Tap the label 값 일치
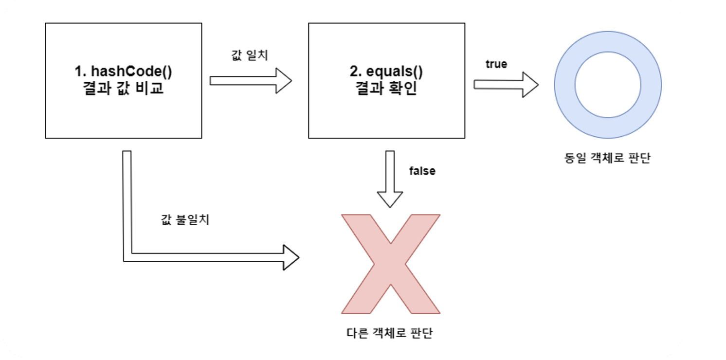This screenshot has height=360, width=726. (249, 55)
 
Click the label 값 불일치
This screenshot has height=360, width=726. (185, 219)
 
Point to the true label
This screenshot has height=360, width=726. (496, 64)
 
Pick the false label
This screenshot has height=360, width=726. (422, 171)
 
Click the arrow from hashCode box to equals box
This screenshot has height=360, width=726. (250, 80)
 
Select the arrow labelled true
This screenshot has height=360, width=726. (506, 85)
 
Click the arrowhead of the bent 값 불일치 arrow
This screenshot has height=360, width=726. (291, 257)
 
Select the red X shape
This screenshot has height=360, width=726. (391, 264)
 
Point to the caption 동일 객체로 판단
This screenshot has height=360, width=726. (607, 159)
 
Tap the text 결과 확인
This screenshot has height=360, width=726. (386, 90)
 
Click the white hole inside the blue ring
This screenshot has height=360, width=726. (607, 85)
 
